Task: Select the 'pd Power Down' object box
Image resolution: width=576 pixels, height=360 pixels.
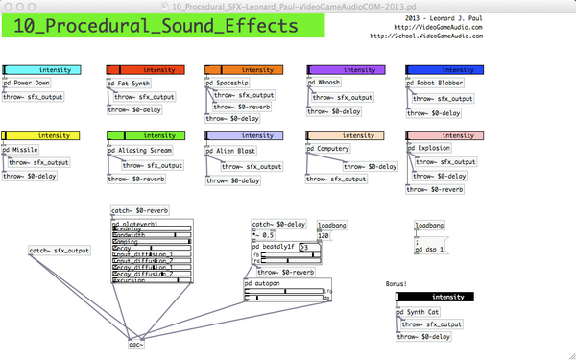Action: (27, 84)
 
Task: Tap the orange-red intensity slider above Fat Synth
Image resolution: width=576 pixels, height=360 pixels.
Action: (141, 70)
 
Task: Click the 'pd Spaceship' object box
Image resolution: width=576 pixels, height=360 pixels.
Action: (226, 84)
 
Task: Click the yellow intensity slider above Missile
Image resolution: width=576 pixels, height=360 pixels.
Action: (40, 136)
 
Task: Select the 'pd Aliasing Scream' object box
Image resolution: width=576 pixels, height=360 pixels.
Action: (140, 150)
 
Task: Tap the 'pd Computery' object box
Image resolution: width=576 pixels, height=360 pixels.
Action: (329, 149)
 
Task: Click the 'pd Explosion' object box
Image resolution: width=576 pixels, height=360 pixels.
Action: (429, 149)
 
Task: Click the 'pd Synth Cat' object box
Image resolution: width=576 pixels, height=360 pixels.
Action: (419, 311)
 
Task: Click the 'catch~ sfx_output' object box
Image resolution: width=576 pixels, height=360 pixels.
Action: (60, 251)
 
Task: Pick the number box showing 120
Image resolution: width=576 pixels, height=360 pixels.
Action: (324, 235)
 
